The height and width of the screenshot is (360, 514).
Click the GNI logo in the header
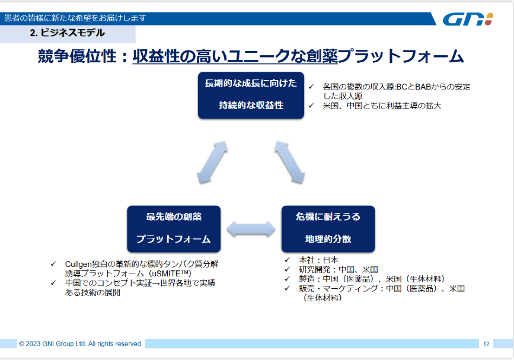click(x=468, y=19)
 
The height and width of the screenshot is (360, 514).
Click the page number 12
click(x=486, y=343)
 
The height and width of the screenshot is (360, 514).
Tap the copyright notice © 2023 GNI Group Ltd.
click(x=52, y=343)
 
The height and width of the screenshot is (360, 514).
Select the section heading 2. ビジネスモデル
click(x=67, y=33)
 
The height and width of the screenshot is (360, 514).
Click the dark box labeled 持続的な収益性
click(x=251, y=95)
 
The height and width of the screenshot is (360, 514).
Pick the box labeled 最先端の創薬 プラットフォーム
click(x=174, y=229)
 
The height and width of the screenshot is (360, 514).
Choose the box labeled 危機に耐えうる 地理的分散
click(x=328, y=229)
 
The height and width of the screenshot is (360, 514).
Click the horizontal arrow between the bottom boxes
click(x=251, y=229)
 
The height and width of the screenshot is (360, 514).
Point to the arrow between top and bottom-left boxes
click(x=212, y=163)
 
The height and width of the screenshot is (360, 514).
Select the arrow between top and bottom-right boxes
click(x=290, y=163)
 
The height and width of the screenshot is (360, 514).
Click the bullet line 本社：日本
click(x=318, y=260)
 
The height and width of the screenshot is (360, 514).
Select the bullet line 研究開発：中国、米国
click(x=339, y=269)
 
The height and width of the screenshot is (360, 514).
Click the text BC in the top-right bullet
click(x=401, y=87)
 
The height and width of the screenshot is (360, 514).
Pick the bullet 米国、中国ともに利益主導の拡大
click(x=382, y=106)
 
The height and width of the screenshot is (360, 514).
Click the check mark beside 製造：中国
click(x=288, y=279)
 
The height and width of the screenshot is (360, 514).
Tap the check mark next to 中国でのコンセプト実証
click(x=53, y=283)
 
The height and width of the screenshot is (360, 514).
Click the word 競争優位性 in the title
click(x=77, y=56)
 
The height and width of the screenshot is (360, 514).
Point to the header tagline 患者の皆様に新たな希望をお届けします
click(x=75, y=18)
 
